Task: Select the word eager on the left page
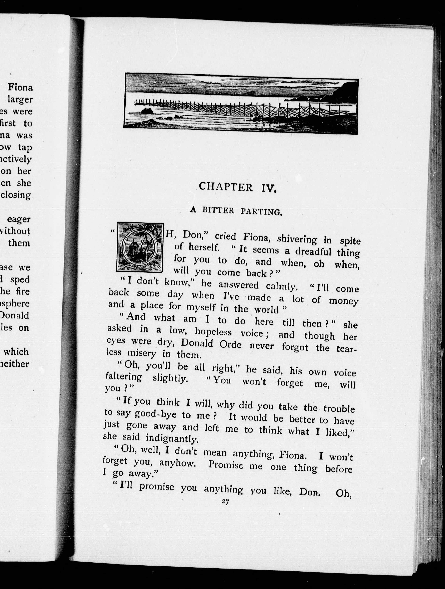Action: tap(19, 219)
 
